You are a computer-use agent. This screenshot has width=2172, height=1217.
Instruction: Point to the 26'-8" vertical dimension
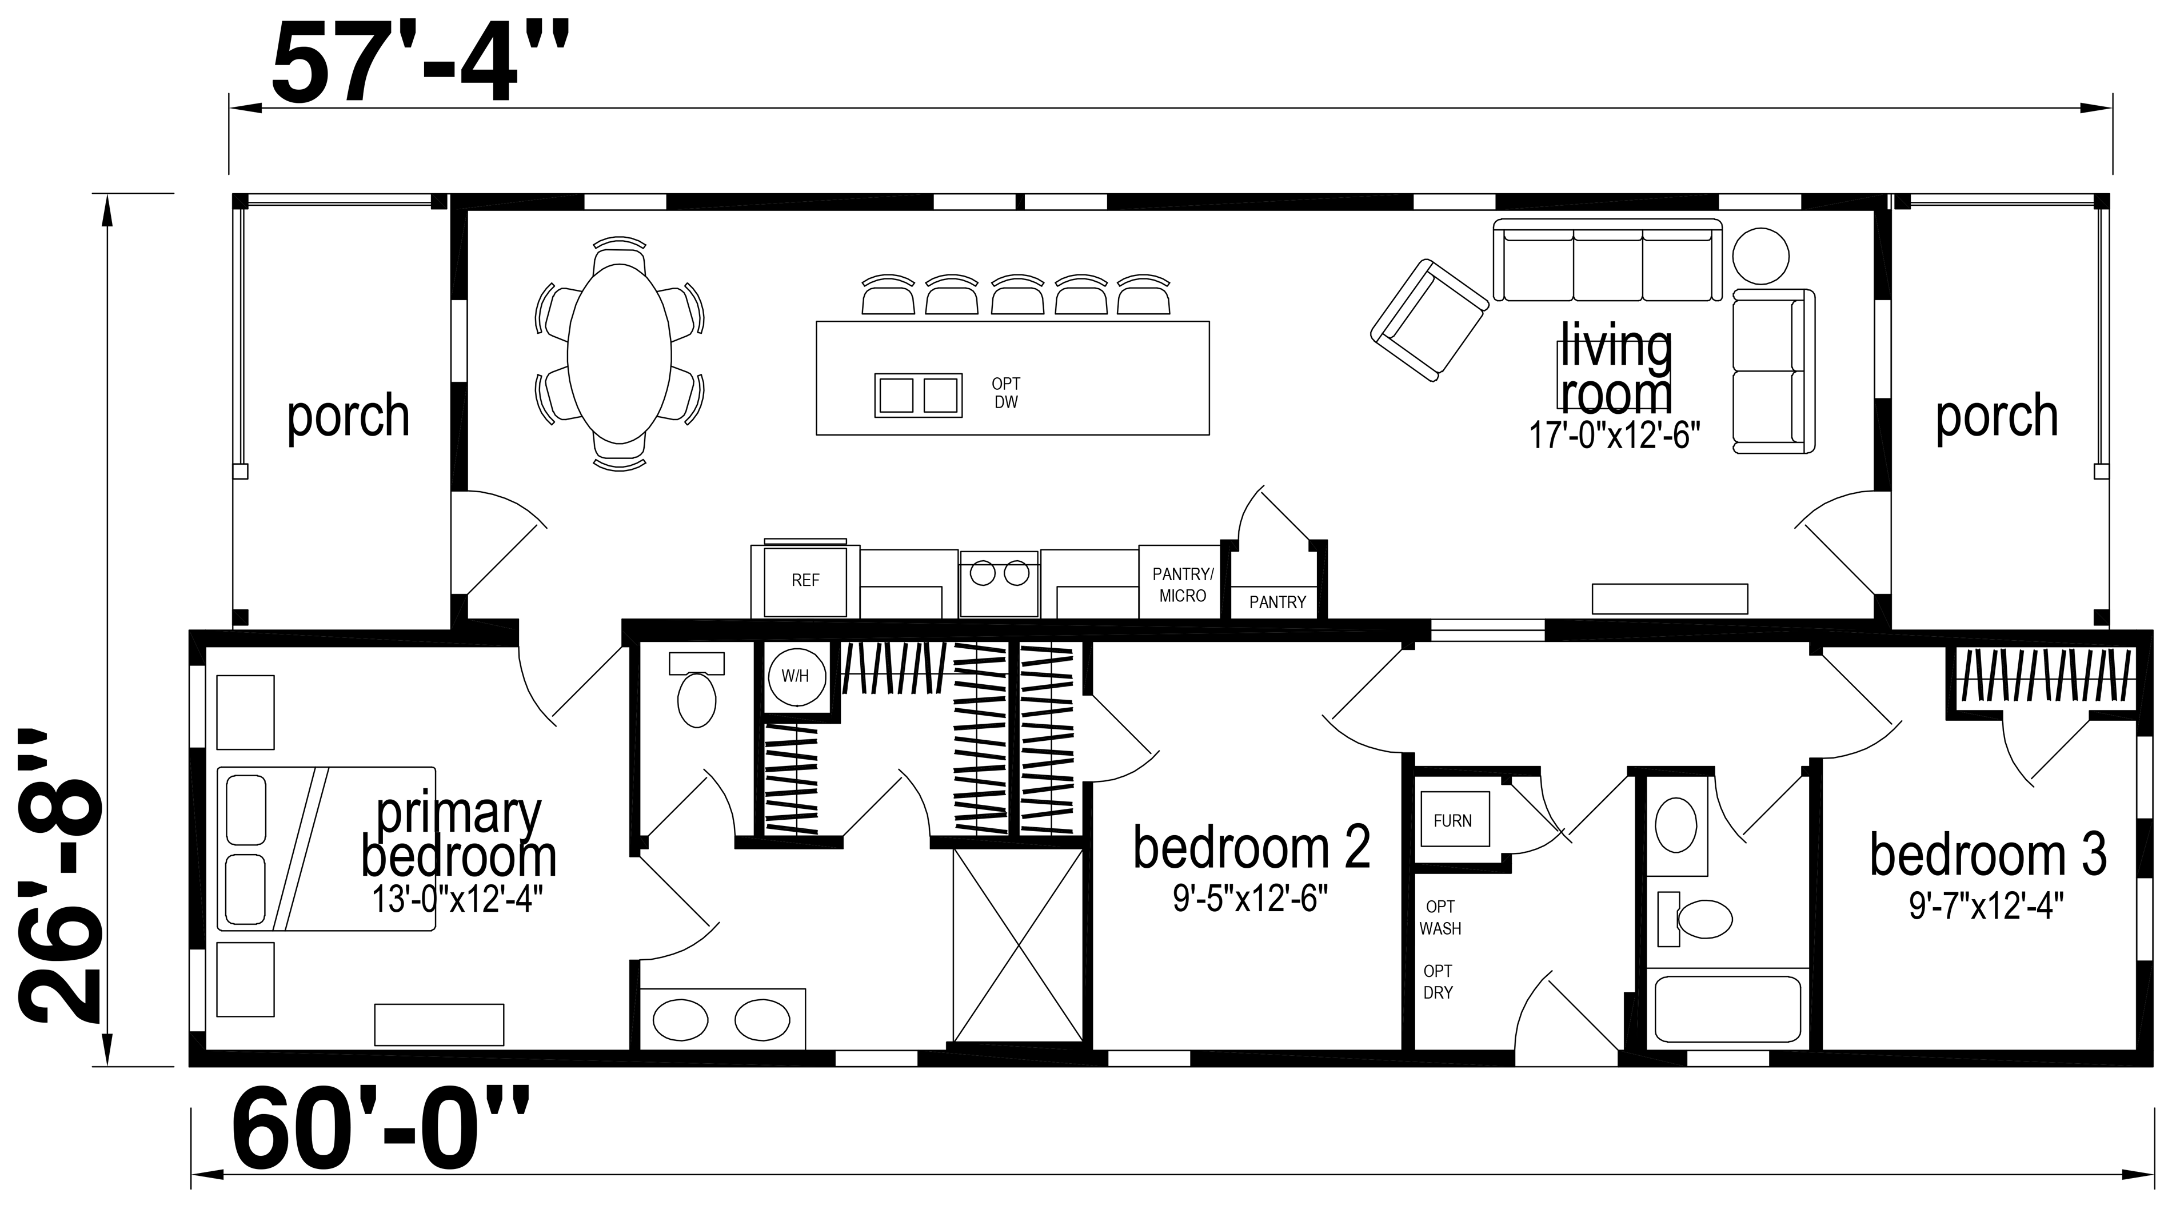coord(59,875)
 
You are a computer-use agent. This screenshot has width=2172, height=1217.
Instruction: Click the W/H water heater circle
coord(795,676)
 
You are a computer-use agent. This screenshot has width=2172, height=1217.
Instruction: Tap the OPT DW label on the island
coord(1006,393)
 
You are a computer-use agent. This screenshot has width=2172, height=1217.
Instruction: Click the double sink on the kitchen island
coord(918,394)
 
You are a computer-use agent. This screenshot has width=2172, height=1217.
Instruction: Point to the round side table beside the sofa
coord(1760,256)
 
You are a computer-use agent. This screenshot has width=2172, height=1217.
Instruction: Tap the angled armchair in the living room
coord(1429,321)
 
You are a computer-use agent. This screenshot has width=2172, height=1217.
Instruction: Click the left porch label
coord(348,417)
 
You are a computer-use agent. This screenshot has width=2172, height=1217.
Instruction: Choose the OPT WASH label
coord(1440,917)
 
